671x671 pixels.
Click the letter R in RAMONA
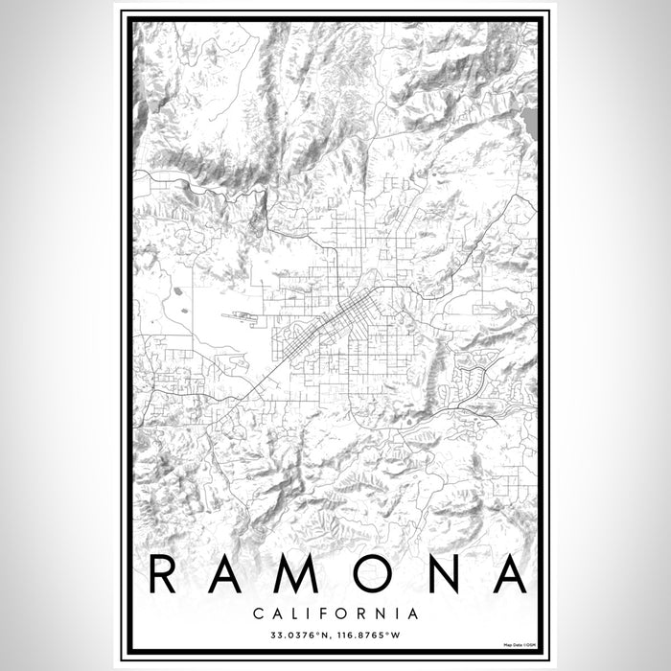[166, 574]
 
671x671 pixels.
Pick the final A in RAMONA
[509, 574]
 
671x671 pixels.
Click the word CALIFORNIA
[335, 613]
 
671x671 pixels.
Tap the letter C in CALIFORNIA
[260, 613]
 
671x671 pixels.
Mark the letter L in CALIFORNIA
[295, 613]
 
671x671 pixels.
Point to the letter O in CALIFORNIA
[343, 613]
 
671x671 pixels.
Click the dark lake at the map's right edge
[531, 121]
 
